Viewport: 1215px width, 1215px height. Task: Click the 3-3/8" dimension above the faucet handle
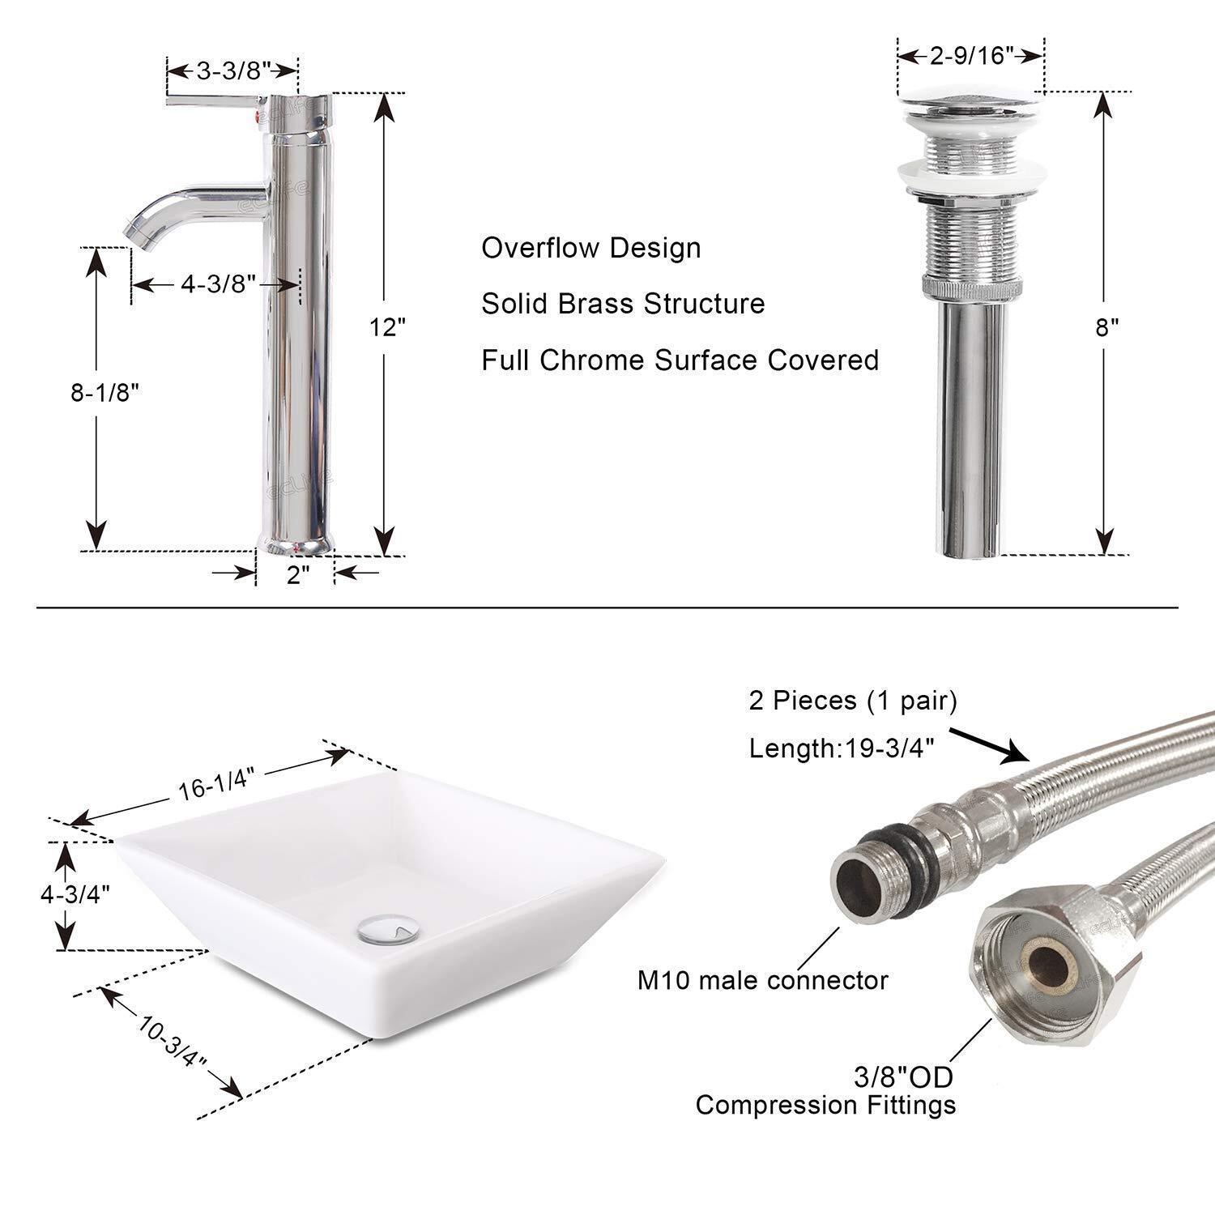pyautogui.click(x=233, y=70)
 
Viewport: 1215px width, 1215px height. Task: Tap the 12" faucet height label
pyautogui.click(x=387, y=327)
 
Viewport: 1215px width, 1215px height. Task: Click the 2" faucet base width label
pyautogui.click(x=298, y=575)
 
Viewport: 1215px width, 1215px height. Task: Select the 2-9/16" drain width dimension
pyautogui.click(x=972, y=55)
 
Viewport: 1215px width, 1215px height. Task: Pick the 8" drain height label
pyautogui.click(x=1107, y=327)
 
